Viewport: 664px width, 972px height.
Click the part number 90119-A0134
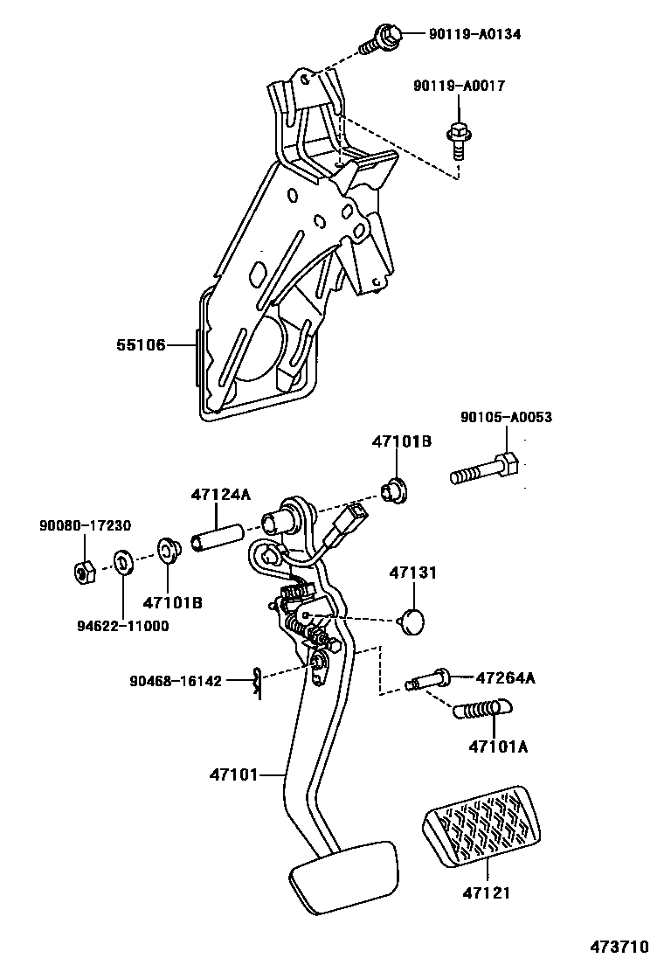[474, 34]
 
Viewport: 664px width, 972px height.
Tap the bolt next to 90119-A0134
[382, 38]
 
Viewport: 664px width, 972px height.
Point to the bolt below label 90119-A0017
[457, 137]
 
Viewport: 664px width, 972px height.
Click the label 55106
[141, 345]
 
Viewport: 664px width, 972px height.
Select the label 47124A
[220, 495]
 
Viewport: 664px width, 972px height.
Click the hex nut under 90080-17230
[85, 573]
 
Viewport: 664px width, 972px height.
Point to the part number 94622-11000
[122, 626]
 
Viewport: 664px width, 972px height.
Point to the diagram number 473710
[619, 948]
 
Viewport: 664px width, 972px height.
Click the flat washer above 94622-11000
[123, 560]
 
